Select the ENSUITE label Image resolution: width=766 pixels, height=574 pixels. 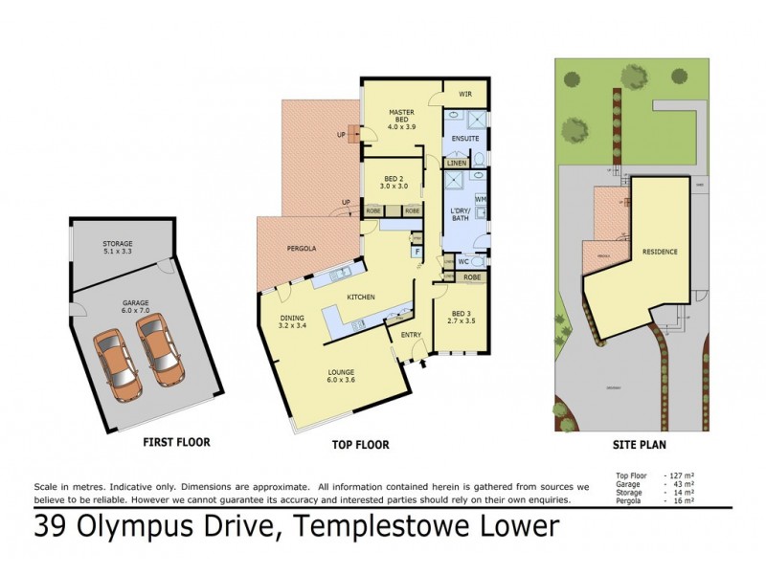pos(466,139)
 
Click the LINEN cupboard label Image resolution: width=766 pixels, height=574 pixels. pos(456,164)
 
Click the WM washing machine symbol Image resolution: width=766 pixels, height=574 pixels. pos(481,199)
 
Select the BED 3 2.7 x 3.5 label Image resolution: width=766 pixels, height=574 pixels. pos(461,316)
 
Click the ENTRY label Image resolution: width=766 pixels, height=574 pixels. pos(411,334)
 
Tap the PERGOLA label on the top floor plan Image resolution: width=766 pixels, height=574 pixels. pos(302,249)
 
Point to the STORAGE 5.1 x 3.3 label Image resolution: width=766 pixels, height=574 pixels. pos(119,249)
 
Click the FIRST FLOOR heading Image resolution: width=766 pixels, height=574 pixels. pos(176,442)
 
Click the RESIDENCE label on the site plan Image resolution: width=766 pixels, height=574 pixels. pos(660,252)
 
